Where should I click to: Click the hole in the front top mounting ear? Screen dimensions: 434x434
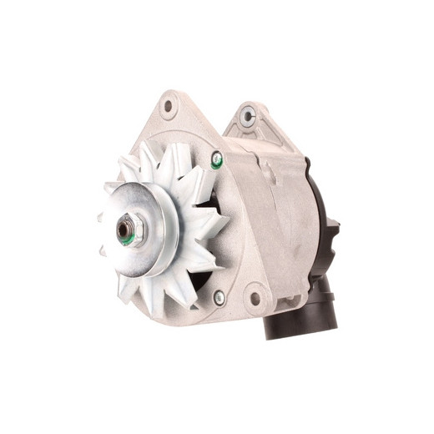(x=169, y=106)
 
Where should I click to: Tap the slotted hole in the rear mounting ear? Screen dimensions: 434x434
(x=247, y=118)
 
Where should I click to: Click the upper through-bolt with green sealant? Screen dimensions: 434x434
(x=217, y=158)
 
